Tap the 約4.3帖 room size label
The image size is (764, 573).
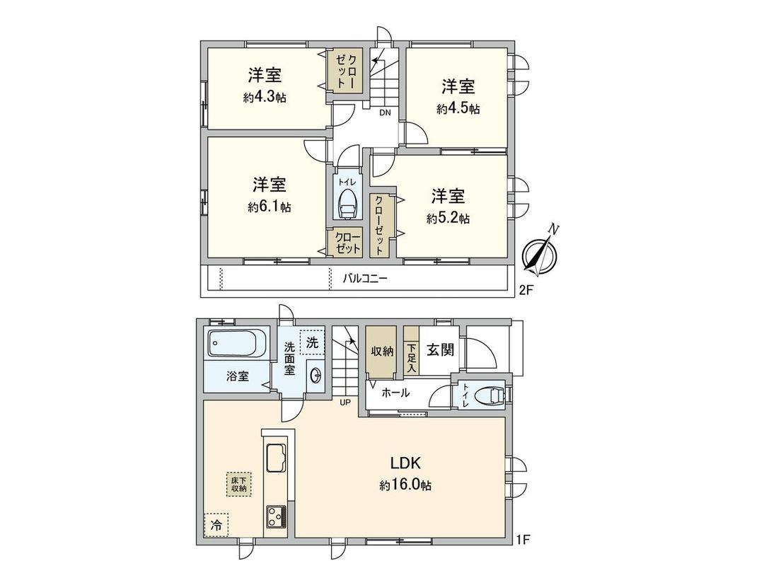(265, 98)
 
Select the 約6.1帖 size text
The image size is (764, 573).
(270, 207)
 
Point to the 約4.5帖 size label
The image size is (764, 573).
(458, 109)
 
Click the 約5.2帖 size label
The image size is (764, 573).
(448, 219)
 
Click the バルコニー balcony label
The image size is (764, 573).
(365, 279)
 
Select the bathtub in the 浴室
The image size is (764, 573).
(238, 345)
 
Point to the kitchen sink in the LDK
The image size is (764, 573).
(275, 461)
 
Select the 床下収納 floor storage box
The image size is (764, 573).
(238, 485)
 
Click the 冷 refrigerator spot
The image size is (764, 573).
(216, 524)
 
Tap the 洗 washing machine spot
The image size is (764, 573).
(312, 342)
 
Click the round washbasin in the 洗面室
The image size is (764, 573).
(316, 376)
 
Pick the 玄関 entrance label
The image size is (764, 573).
(439, 349)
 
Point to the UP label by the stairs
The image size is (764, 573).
(346, 403)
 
